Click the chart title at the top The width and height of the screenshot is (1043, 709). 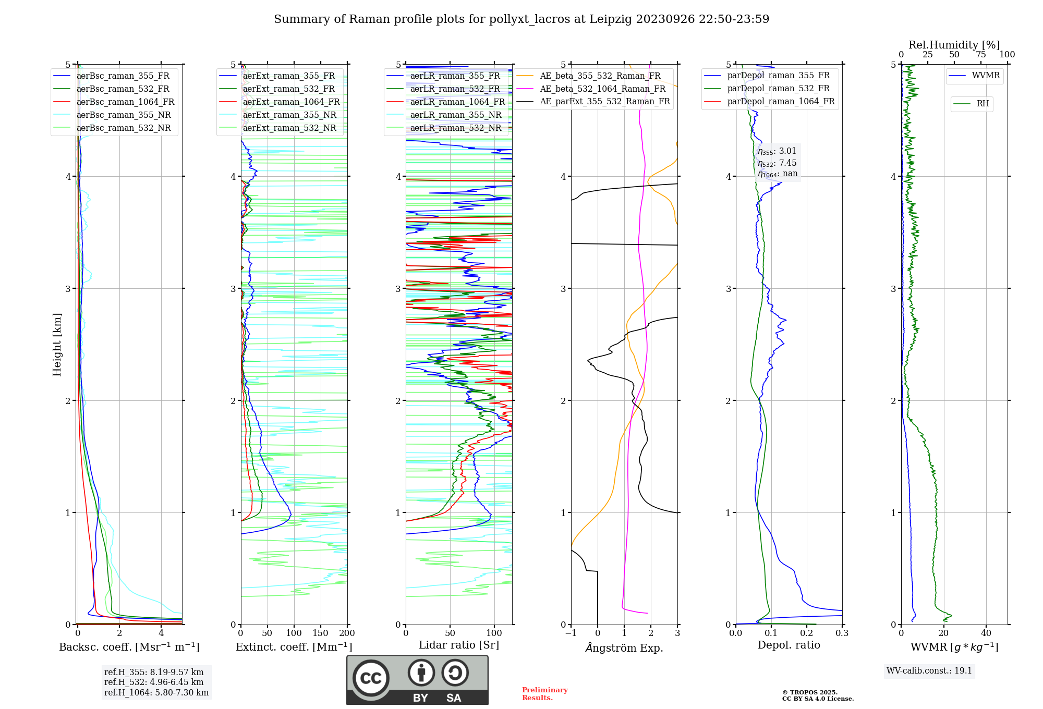point(521,19)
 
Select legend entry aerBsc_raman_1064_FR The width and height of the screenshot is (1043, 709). point(125,102)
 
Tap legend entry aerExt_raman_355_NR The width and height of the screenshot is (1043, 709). point(289,115)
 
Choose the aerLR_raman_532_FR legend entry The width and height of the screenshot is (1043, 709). point(455,89)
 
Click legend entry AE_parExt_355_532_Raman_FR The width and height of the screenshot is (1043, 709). point(605,102)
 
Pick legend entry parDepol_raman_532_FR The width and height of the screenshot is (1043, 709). point(778,89)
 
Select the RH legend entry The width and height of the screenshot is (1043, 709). point(983,104)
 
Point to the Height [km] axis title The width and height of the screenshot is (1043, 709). point(57,345)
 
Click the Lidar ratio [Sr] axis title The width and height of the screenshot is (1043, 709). point(459,645)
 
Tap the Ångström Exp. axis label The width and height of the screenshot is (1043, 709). point(624,648)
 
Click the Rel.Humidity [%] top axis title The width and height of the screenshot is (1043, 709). point(954,45)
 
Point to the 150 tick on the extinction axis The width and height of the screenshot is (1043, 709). point(320,633)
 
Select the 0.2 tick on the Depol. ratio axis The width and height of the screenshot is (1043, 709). point(807,633)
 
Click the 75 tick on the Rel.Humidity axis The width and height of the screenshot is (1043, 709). point(981,55)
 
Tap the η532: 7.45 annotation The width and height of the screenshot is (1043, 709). point(777,163)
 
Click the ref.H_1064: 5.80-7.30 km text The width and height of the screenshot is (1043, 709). point(156,693)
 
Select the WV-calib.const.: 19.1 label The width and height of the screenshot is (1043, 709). point(929,671)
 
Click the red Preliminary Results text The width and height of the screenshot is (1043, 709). point(544,694)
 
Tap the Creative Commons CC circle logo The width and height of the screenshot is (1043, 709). point(371,678)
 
